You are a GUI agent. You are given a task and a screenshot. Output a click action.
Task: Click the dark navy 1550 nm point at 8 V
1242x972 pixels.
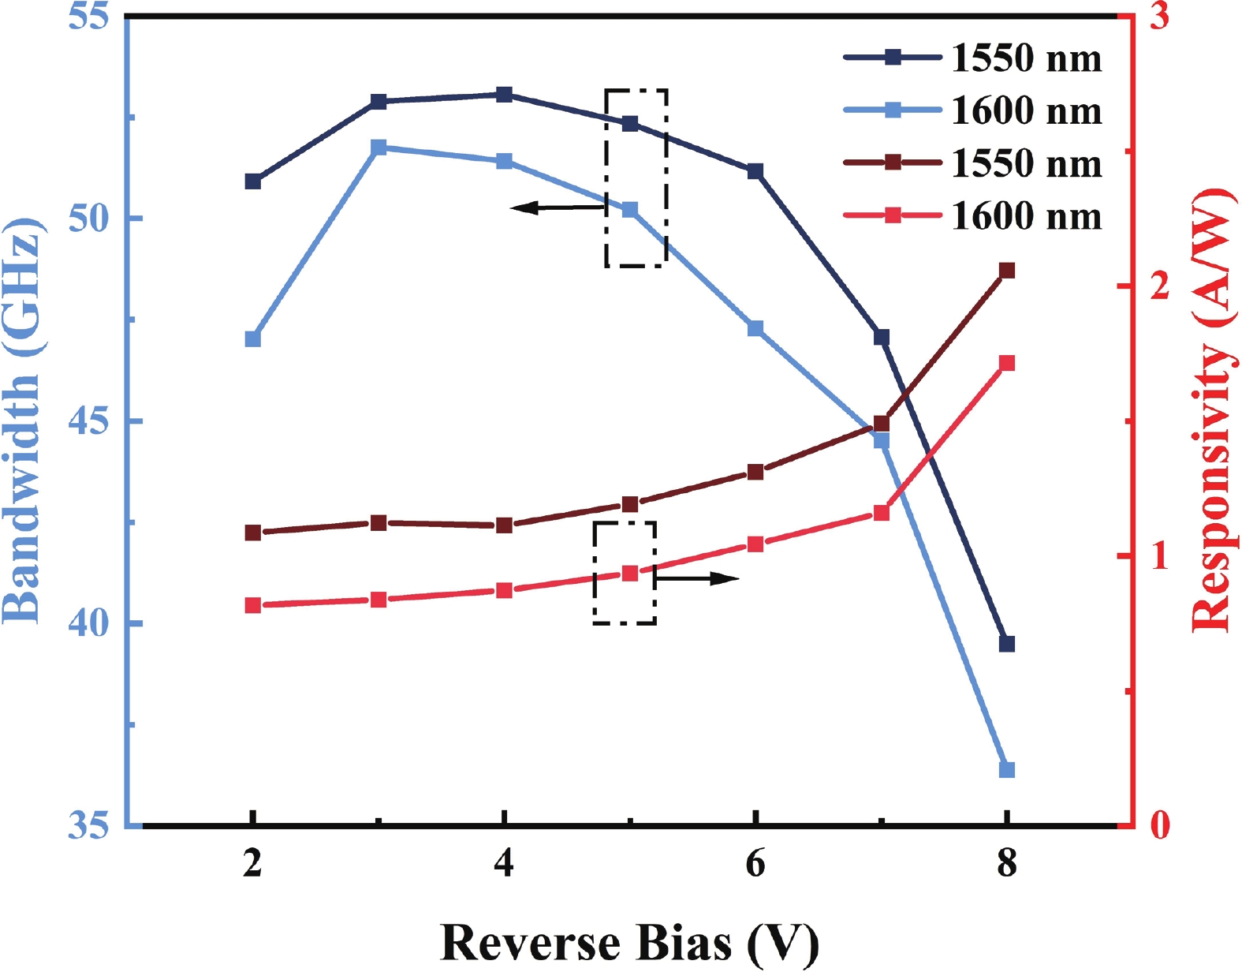[1007, 644]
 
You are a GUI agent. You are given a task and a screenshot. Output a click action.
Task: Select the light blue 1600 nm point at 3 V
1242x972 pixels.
[379, 148]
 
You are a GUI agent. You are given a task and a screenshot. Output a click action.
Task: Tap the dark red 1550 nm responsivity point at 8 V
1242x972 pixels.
[1007, 271]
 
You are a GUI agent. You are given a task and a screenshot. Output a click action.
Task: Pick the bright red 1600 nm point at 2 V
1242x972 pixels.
[253, 605]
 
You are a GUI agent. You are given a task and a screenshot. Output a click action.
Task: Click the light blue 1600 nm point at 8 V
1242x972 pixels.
[1007, 769]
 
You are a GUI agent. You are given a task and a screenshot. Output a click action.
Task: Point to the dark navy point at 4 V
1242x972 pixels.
[505, 95]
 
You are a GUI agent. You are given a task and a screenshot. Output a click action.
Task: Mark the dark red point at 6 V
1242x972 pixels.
[755, 472]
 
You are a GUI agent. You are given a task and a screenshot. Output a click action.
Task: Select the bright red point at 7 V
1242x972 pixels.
[882, 513]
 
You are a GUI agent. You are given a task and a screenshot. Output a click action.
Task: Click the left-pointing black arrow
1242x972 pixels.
[557, 207]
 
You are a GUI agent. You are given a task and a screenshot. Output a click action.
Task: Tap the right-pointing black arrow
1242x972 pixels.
[697, 579]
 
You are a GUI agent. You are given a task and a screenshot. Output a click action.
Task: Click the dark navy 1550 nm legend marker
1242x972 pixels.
[893, 57]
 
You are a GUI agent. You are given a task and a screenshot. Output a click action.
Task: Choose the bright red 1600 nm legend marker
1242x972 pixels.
[893, 215]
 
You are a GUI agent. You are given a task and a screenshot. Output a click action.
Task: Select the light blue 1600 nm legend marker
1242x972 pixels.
[893, 110]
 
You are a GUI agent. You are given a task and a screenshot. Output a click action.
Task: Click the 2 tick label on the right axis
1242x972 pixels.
[1158, 286]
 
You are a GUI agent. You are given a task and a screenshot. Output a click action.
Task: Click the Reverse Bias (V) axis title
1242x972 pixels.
[629, 942]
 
